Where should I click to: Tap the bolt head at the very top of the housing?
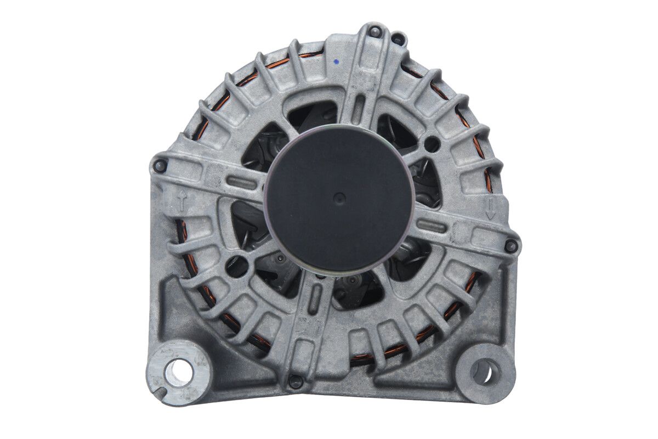[x=375, y=31]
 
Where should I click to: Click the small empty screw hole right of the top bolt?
[x=398, y=40]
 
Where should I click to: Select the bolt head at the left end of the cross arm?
[x=160, y=165]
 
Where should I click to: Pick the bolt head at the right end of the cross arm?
[x=511, y=246]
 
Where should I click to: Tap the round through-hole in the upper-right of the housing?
[x=432, y=144]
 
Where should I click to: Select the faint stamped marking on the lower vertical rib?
[x=307, y=329]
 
